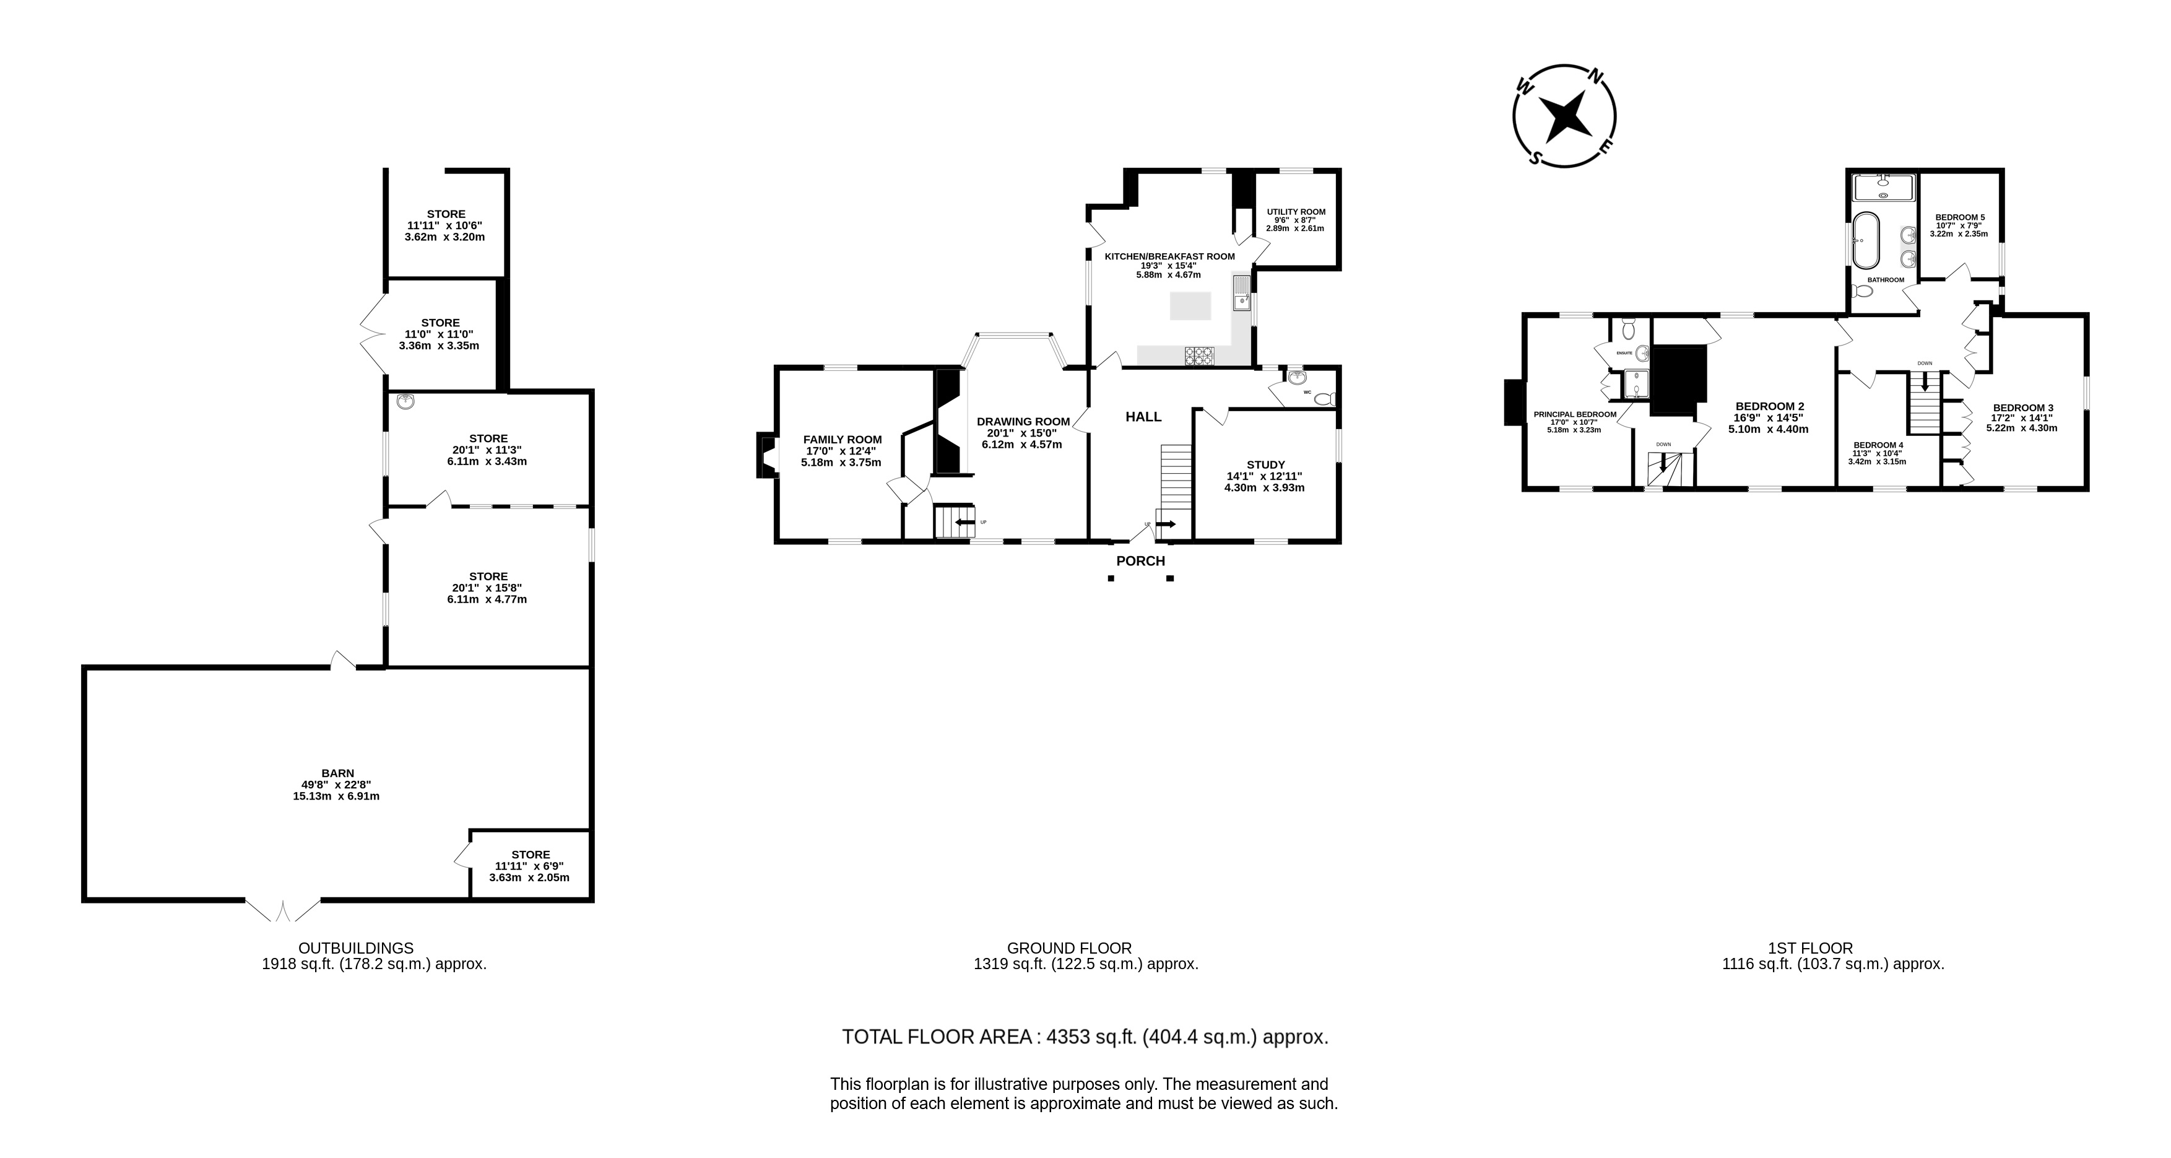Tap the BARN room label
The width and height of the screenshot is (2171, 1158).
click(x=338, y=773)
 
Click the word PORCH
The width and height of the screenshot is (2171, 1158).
click(x=1140, y=561)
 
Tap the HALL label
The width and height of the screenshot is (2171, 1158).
click(x=1143, y=416)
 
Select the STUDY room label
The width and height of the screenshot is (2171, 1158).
click(x=1266, y=464)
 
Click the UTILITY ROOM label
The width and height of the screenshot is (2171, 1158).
click(x=1296, y=212)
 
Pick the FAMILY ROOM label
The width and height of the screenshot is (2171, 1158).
click(x=842, y=439)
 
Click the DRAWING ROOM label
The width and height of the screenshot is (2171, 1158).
click(x=1023, y=421)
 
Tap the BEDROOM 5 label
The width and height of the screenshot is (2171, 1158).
click(x=1959, y=217)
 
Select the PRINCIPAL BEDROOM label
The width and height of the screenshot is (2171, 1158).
click(x=1574, y=414)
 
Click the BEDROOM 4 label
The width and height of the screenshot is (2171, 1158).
click(x=1879, y=445)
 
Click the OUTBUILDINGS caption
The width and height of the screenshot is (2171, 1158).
click(x=357, y=948)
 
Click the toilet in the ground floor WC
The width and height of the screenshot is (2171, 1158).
click(x=1325, y=398)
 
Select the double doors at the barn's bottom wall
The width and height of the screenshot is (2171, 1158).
click(x=283, y=911)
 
